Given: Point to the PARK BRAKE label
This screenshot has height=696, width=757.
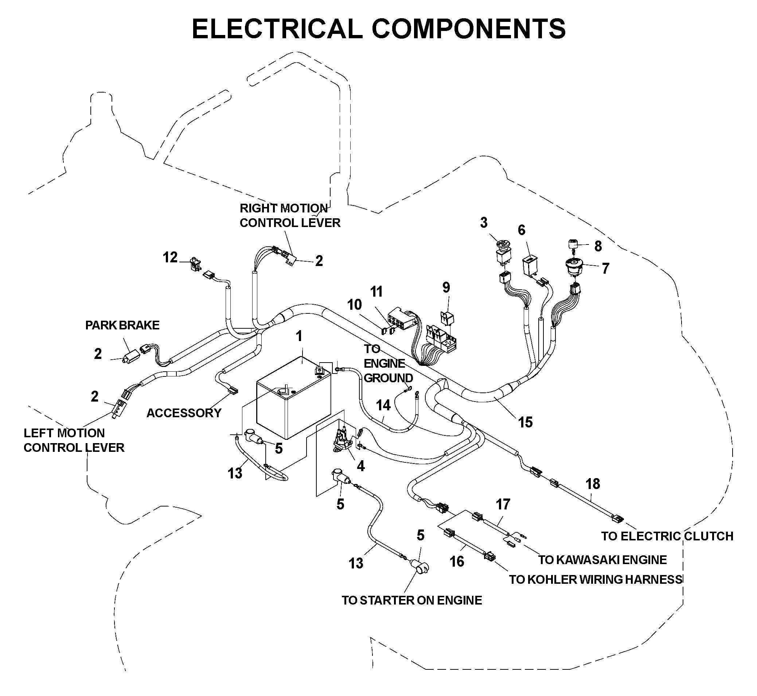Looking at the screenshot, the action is pyautogui.click(x=122, y=325).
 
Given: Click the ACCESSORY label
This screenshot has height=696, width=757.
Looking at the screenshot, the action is pyautogui.click(x=184, y=413).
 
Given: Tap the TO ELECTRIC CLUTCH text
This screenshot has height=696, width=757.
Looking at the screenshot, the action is pyautogui.click(x=667, y=536).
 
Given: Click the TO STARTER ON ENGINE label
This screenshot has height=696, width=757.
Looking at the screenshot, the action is pyautogui.click(x=411, y=600).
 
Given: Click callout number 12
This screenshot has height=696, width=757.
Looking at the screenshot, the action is pyautogui.click(x=170, y=257).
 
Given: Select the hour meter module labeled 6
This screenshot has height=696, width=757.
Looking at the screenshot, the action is pyautogui.click(x=530, y=267).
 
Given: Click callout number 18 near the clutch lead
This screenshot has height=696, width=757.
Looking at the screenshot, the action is pyautogui.click(x=593, y=484).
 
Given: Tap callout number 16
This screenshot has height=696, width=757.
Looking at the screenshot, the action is pyautogui.click(x=457, y=562).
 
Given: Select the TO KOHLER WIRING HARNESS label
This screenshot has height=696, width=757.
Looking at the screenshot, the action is pyautogui.click(x=596, y=579).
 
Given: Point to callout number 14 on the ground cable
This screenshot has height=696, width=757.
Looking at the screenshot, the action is pyautogui.click(x=383, y=405).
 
